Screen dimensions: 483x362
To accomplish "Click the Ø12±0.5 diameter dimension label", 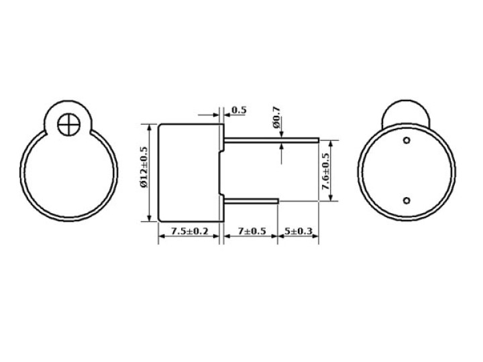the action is click(x=144, y=167).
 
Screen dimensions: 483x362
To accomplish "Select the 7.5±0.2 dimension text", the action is click(x=189, y=231).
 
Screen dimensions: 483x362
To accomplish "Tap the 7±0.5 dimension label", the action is click(x=252, y=231).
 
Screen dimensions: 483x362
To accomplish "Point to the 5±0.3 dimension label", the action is click(x=298, y=231).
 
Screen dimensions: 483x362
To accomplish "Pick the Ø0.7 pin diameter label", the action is click(x=276, y=117).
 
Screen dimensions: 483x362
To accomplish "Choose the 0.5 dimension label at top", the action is click(x=239, y=110).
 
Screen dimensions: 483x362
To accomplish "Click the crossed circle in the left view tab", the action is click(x=68, y=125).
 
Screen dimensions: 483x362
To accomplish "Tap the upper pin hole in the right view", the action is click(x=407, y=140).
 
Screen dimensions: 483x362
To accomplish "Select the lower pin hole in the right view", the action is click(x=407, y=200).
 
